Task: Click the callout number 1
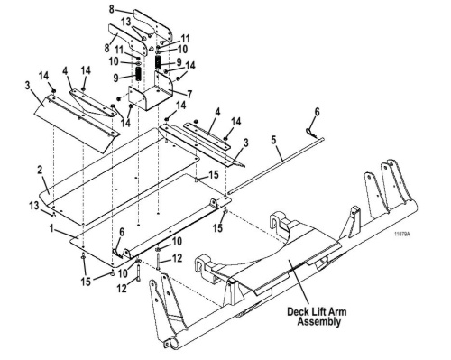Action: (x=51, y=228)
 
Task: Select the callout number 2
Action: (x=40, y=171)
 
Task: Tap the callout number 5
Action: (x=273, y=140)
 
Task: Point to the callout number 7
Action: (x=189, y=95)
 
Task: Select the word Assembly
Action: (x=319, y=321)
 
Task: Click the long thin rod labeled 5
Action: (x=276, y=166)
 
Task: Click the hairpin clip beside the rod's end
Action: (x=310, y=134)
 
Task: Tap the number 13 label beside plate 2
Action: (x=34, y=207)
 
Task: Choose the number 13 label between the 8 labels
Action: (x=126, y=22)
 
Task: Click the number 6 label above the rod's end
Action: (x=318, y=112)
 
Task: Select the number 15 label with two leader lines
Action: (x=86, y=282)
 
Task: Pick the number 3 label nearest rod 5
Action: (x=246, y=143)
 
